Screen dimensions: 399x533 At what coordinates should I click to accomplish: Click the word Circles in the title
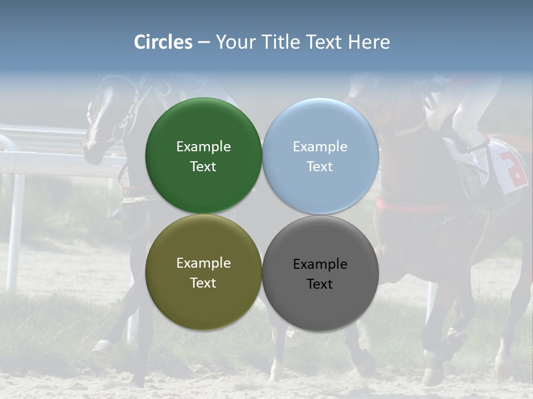(x=163, y=42)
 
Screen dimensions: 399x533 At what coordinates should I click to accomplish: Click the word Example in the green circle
(x=203, y=147)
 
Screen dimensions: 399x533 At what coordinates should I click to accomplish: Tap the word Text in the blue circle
(x=320, y=167)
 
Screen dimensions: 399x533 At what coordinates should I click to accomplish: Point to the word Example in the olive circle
(x=203, y=263)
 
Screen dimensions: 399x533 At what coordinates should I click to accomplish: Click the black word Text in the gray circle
(x=320, y=284)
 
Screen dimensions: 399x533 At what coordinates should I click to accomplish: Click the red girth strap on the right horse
(x=411, y=208)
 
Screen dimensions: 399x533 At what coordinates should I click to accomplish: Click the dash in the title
(x=204, y=43)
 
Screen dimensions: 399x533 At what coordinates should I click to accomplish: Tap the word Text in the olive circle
(x=203, y=283)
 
